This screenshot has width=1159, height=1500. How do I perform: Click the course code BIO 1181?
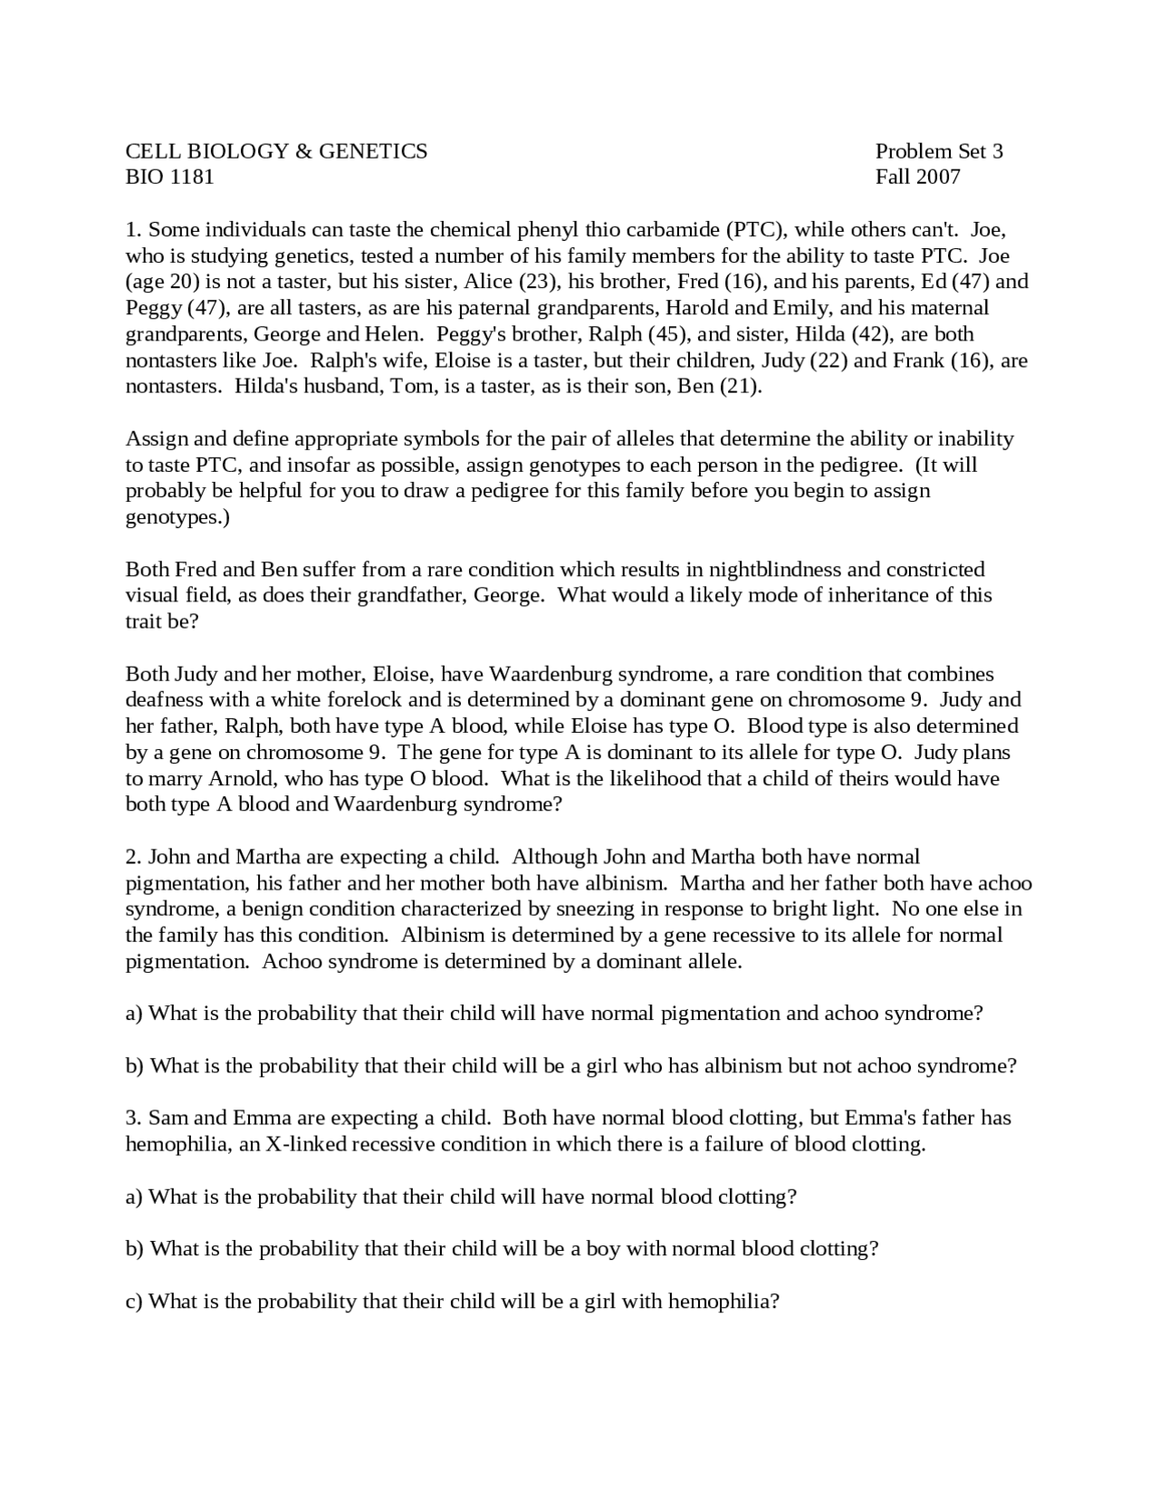(169, 177)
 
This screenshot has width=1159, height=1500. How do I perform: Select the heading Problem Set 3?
(939, 151)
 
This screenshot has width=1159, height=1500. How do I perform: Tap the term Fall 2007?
(917, 177)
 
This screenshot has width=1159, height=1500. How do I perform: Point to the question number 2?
(133, 857)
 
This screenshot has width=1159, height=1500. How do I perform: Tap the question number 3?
(133, 1118)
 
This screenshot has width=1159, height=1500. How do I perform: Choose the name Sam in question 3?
(168, 1118)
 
